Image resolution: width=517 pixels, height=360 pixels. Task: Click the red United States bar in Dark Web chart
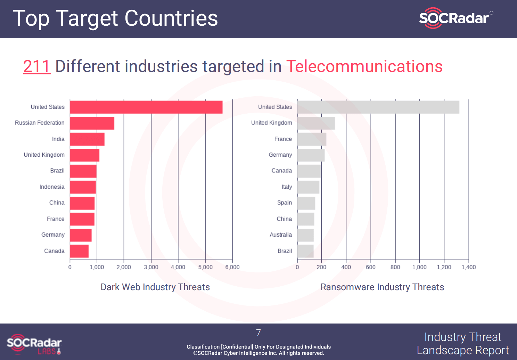click(x=146, y=107)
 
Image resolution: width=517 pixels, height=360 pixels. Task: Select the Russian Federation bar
click(x=92, y=123)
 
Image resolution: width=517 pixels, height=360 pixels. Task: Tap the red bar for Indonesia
click(x=83, y=187)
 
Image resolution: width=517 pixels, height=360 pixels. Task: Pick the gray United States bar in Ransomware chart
click(x=378, y=107)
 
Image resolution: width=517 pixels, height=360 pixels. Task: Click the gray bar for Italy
click(x=308, y=187)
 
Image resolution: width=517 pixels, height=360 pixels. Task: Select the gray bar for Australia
click(x=305, y=235)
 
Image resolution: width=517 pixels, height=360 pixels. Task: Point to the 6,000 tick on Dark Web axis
click(x=232, y=267)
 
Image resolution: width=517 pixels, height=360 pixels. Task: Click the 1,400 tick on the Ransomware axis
click(x=468, y=267)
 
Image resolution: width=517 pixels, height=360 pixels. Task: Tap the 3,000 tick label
click(x=151, y=267)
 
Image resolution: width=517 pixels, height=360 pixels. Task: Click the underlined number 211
click(x=37, y=66)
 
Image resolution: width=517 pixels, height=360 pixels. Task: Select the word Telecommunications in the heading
click(x=364, y=66)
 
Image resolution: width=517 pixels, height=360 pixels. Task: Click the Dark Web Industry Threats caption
click(x=155, y=287)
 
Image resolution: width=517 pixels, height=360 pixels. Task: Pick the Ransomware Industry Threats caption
click(x=382, y=287)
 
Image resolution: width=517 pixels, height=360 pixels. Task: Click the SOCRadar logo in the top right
click(x=455, y=18)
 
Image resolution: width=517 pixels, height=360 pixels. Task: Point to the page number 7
click(x=258, y=333)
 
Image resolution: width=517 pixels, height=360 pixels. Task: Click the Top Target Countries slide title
click(x=115, y=18)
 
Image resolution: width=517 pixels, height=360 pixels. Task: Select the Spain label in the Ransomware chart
click(x=284, y=203)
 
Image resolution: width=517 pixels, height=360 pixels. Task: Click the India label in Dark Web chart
click(x=58, y=139)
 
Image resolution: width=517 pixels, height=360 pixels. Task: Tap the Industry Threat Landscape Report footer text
click(x=463, y=343)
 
